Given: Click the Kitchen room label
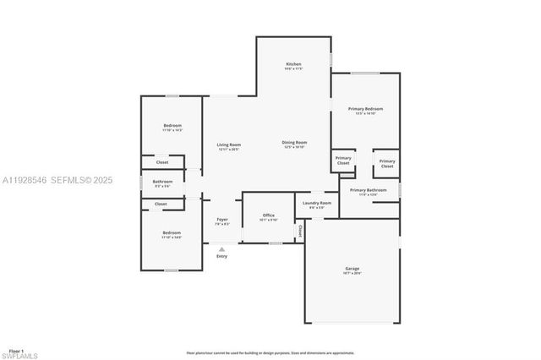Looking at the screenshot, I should pyautogui.click(x=293, y=65).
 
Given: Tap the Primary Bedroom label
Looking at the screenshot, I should pyautogui.click(x=365, y=109).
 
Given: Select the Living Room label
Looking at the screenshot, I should pyautogui.click(x=228, y=145).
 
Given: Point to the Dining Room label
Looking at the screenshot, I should pyautogui.click(x=294, y=143).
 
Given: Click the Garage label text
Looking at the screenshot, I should pyautogui.click(x=352, y=269).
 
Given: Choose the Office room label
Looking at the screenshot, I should pyautogui.click(x=268, y=215).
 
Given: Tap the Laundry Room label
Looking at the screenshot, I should pyautogui.click(x=318, y=203).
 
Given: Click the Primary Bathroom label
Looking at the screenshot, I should pyautogui.click(x=369, y=190).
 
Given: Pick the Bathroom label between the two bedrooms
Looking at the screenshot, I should pyautogui.click(x=162, y=182).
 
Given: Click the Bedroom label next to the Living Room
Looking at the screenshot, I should pyautogui.click(x=172, y=126).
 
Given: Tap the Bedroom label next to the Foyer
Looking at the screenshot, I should pyautogui.click(x=172, y=232).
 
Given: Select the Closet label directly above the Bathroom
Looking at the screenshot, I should pyautogui.click(x=161, y=162).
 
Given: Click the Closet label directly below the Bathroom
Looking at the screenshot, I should pyautogui.click(x=161, y=204).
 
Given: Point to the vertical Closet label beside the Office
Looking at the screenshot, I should pyautogui.click(x=299, y=230).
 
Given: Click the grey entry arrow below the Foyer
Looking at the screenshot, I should pyautogui.click(x=221, y=249).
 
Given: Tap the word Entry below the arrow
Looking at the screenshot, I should pyautogui.click(x=221, y=256).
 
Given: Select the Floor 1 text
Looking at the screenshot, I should pyautogui.click(x=16, y=350).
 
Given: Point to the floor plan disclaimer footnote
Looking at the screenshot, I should pyautogui.click(x=270, y=352).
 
